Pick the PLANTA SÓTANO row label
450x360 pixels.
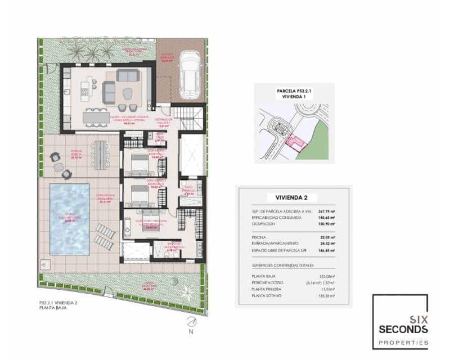click(267, 295)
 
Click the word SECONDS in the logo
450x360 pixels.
click(400, 329)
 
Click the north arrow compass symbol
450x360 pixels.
click(191, 321)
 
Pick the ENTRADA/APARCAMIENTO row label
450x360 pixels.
click(276, 243)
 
